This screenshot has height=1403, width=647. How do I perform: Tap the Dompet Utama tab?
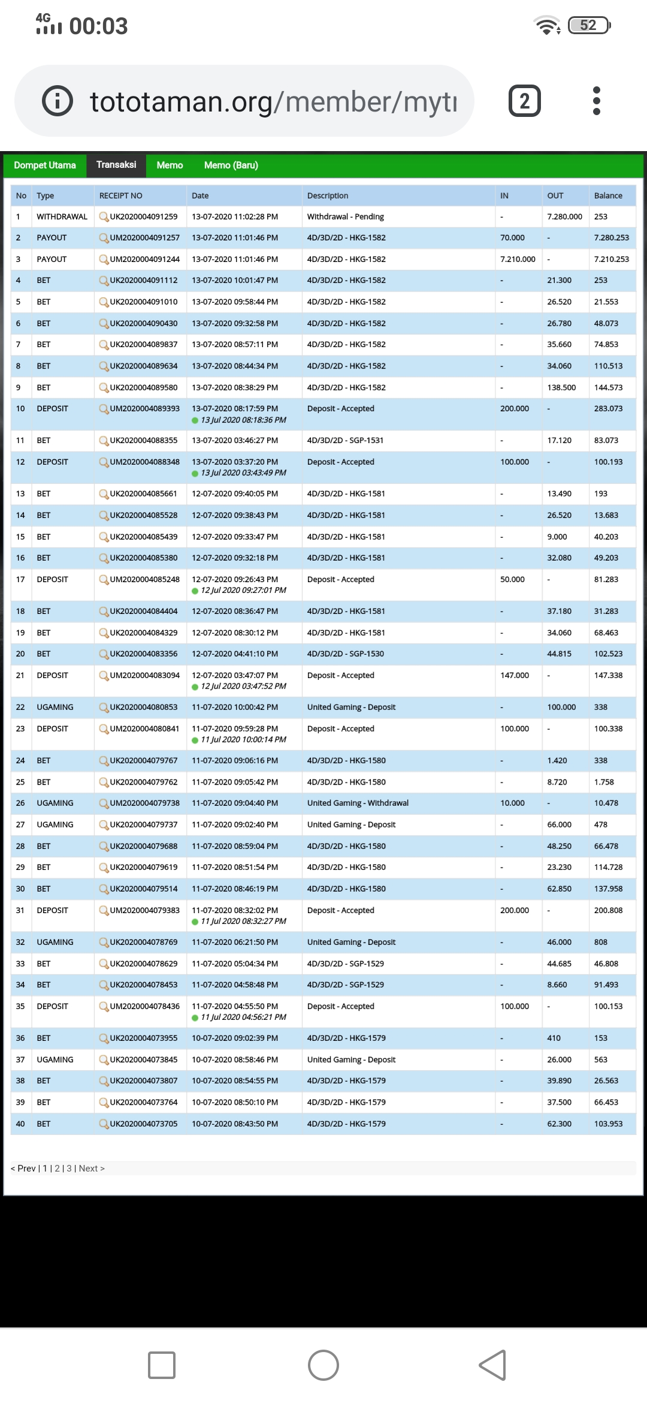45,165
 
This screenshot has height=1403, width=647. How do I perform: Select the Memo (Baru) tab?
231,165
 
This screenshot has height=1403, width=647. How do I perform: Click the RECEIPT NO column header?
121,196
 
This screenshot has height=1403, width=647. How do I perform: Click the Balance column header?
608,196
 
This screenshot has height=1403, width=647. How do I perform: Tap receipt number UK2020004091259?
143,217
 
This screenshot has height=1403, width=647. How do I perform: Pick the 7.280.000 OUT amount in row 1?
564,217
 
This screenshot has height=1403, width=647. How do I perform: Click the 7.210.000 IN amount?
518,260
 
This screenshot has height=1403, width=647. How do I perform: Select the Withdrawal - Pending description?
346,217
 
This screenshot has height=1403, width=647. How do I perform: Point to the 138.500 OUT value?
561,388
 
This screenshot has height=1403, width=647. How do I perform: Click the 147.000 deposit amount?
515,676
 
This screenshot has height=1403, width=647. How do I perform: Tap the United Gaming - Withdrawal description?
358,803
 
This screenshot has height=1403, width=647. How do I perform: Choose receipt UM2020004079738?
144,803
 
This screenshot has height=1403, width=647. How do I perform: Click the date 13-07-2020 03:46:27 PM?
235,441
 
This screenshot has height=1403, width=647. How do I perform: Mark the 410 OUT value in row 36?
554,1038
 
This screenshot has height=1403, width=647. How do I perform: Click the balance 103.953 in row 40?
608,1124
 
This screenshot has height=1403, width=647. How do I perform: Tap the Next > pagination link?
92,1169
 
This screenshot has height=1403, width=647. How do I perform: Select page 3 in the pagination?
69,1169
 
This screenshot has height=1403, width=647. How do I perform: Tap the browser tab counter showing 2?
524,101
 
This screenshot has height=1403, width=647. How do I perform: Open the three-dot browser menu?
596,101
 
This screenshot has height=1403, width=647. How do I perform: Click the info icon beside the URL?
58,101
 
